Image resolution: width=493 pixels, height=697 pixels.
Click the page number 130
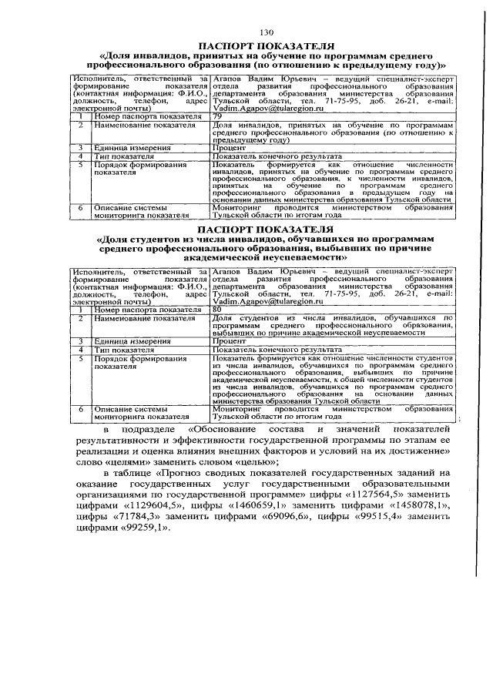click(x=267, y=32)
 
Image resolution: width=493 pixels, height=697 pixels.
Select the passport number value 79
click(x=216, y=116)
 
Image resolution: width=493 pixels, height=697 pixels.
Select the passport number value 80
click(x=216, y=309)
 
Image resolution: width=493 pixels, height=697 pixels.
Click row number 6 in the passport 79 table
click(x=80, y=208)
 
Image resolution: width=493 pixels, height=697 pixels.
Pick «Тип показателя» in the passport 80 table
click(x=119, y=349)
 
